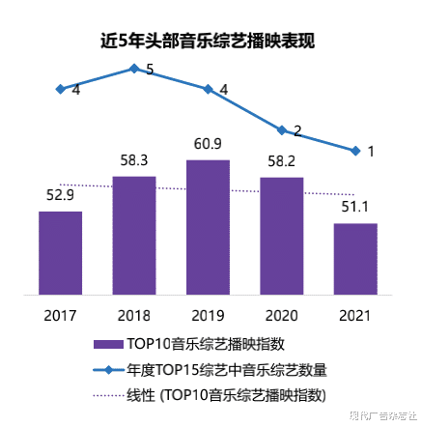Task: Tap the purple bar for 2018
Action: [x=134, y=237]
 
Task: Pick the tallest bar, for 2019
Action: [x=208, y=229]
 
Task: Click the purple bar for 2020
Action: [x=282, y=238]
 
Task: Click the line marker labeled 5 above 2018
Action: [x=134, y=68]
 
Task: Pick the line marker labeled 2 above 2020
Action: [x=282, y=129]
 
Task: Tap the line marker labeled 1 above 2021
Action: [x=355, y=150]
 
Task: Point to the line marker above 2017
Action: [x=60, y=88]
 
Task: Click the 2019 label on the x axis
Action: [x=208, y=316]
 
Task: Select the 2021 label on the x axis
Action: [x=355, y=316]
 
